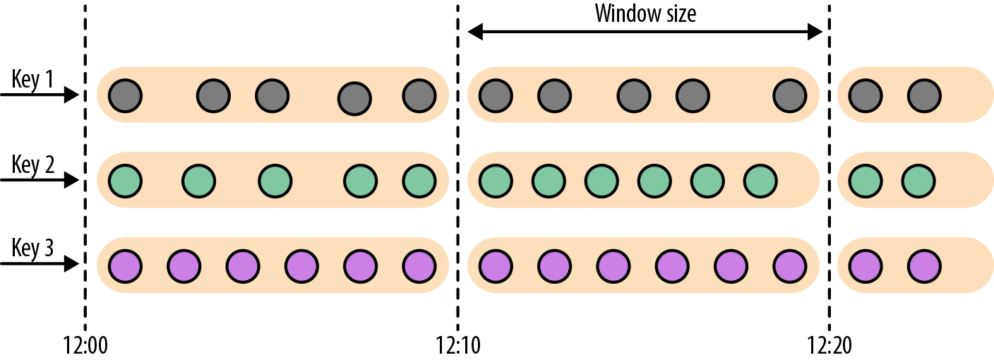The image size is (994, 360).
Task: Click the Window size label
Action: click(645, 13)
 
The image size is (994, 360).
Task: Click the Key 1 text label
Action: click(32, 80)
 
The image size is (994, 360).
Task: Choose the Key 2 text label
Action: click(32, 165)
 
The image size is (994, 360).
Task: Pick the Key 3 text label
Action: click(32, 249)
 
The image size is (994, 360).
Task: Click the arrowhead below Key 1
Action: click(71, 95)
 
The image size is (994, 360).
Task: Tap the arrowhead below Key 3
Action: click(71, 265)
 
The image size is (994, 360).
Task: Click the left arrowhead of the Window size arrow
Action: click(474, 31)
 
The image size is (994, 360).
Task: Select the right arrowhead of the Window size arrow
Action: click(816, 31)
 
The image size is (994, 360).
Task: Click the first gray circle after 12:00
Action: click(126, 95)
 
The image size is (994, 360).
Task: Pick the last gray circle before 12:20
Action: click(789, 95)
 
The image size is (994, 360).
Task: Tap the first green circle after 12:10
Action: click(496, 181)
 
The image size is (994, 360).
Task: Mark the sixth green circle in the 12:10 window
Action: click(760, 181)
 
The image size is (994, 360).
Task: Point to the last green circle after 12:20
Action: click(918, 181)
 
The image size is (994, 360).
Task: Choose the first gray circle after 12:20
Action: click(866, 95)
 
